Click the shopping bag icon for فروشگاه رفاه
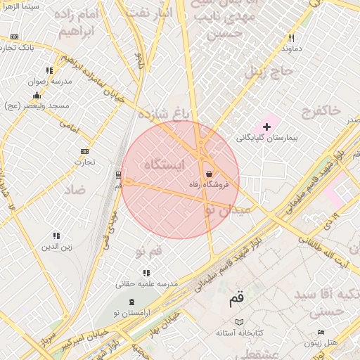click(x=209, y=174)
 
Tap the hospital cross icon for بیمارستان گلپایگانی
click(x=266, y=126)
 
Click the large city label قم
click(x=237, y=300)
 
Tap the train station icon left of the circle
click(x=117, y=175)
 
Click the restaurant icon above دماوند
click(x=290, y=39)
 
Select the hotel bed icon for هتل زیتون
click(x=321, y=332)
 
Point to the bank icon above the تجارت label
click(x=85, y=151)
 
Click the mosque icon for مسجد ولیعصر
click(x=37, y=94)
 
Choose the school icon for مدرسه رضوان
click(x=49, y=70)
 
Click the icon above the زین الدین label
click(x=56, y=236)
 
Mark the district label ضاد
click(x=74, y=190)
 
